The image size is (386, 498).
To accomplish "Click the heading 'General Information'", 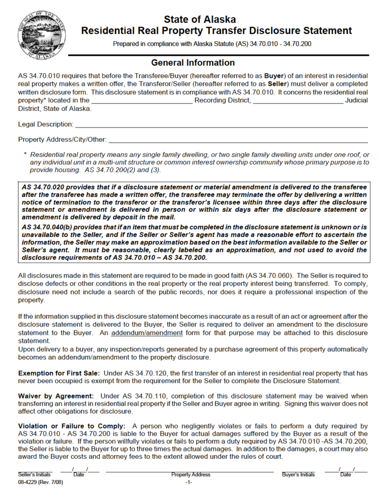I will (x=193, y=63).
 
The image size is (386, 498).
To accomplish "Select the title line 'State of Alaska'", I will (x=200, y=20).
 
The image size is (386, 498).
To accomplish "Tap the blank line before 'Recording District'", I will (x=142, y=101).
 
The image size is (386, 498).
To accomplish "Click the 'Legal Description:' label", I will (x=46, y=124).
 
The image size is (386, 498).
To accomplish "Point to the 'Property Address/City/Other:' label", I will (x=62, y=139).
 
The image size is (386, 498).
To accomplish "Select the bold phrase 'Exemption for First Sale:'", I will (x=58, y=373).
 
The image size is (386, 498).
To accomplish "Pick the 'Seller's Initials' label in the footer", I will (x=35, y=474).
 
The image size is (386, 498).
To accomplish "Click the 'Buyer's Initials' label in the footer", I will (x=299, y=474).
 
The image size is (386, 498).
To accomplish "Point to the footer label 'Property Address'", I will (x=190, y=474).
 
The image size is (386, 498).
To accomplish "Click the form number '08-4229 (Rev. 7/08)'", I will (x=41, y=482).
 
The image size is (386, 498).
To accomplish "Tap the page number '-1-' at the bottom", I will (x=188, y=482).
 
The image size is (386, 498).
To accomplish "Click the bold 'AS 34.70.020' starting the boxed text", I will (x=43, y=187).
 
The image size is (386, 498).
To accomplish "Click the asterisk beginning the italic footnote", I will (x=25, y=155).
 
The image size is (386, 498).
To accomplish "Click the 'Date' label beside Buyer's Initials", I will (x=345, y=474).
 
